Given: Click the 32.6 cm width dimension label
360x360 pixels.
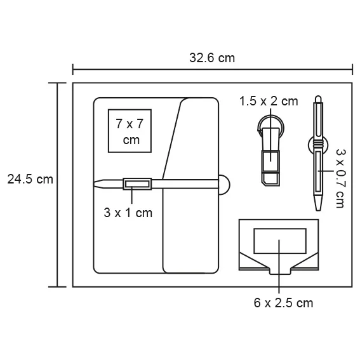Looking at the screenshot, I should coord(211,58).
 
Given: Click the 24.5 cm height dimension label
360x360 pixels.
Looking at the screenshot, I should coord(30,179).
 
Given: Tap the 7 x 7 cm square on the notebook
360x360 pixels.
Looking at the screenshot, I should coord(131,131).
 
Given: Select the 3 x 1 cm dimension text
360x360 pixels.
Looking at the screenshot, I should coord(128,213).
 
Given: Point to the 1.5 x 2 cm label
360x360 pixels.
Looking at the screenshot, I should coord(269,101).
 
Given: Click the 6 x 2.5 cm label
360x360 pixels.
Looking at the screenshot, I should coord(283,303).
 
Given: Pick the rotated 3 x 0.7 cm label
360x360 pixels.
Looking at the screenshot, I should coord(340,178).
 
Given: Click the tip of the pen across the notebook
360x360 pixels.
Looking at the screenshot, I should coord(97,184).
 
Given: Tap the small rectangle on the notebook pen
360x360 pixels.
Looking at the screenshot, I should coord(137,184).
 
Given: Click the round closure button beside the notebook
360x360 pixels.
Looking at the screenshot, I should coord(224,183).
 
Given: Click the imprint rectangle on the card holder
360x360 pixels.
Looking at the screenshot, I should coord(278,242).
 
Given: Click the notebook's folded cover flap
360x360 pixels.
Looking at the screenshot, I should coord(190,184).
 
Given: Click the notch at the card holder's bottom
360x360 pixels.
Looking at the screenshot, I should coord(279,273).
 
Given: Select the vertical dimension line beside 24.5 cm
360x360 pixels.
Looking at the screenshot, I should coord(58,184).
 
